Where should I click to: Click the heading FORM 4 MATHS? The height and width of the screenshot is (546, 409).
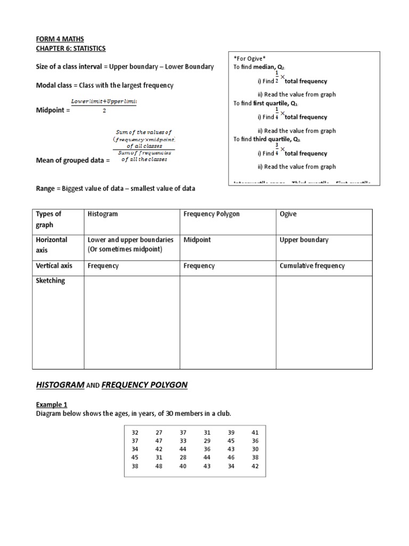(60, 39)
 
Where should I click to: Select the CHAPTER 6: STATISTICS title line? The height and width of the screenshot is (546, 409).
(70, 49)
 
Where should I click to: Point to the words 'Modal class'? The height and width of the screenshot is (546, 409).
(55, 85)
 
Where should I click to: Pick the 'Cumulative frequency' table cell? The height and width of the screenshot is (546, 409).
(312, 266)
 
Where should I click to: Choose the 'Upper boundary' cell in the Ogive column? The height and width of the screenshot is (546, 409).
(304, 240)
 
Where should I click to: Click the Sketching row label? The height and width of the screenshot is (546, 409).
(50, 280)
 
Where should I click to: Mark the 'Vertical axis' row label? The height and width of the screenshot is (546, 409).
(54, 266)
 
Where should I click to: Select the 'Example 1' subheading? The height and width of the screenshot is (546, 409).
(52, 405)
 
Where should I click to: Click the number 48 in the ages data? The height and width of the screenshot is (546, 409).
(159, 465)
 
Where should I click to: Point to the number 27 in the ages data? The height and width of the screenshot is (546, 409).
(159, 433)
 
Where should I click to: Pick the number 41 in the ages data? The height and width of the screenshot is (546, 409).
(255, 433)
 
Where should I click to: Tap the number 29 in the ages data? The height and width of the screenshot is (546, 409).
(207, 441)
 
